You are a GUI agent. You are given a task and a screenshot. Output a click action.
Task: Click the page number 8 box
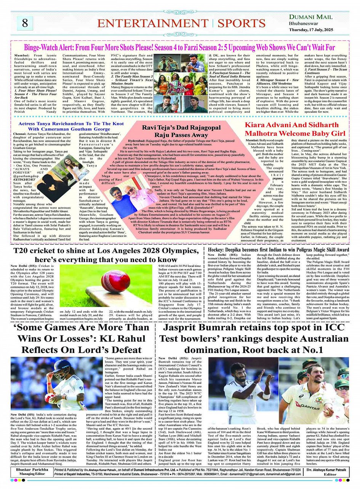25,23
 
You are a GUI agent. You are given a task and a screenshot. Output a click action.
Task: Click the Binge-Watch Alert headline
179,48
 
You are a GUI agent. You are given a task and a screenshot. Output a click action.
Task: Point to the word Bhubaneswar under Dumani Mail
304,24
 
